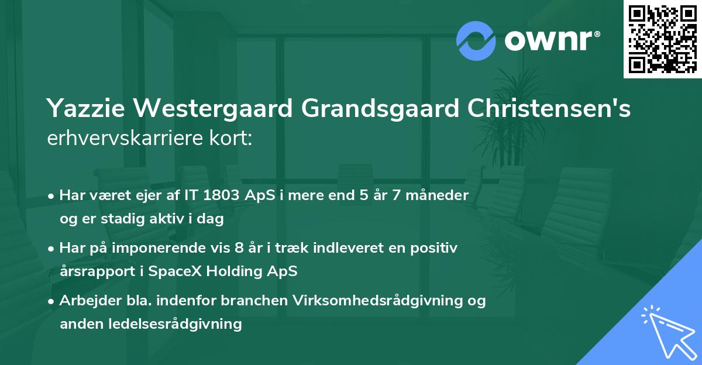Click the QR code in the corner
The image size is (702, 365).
(662, 39)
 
